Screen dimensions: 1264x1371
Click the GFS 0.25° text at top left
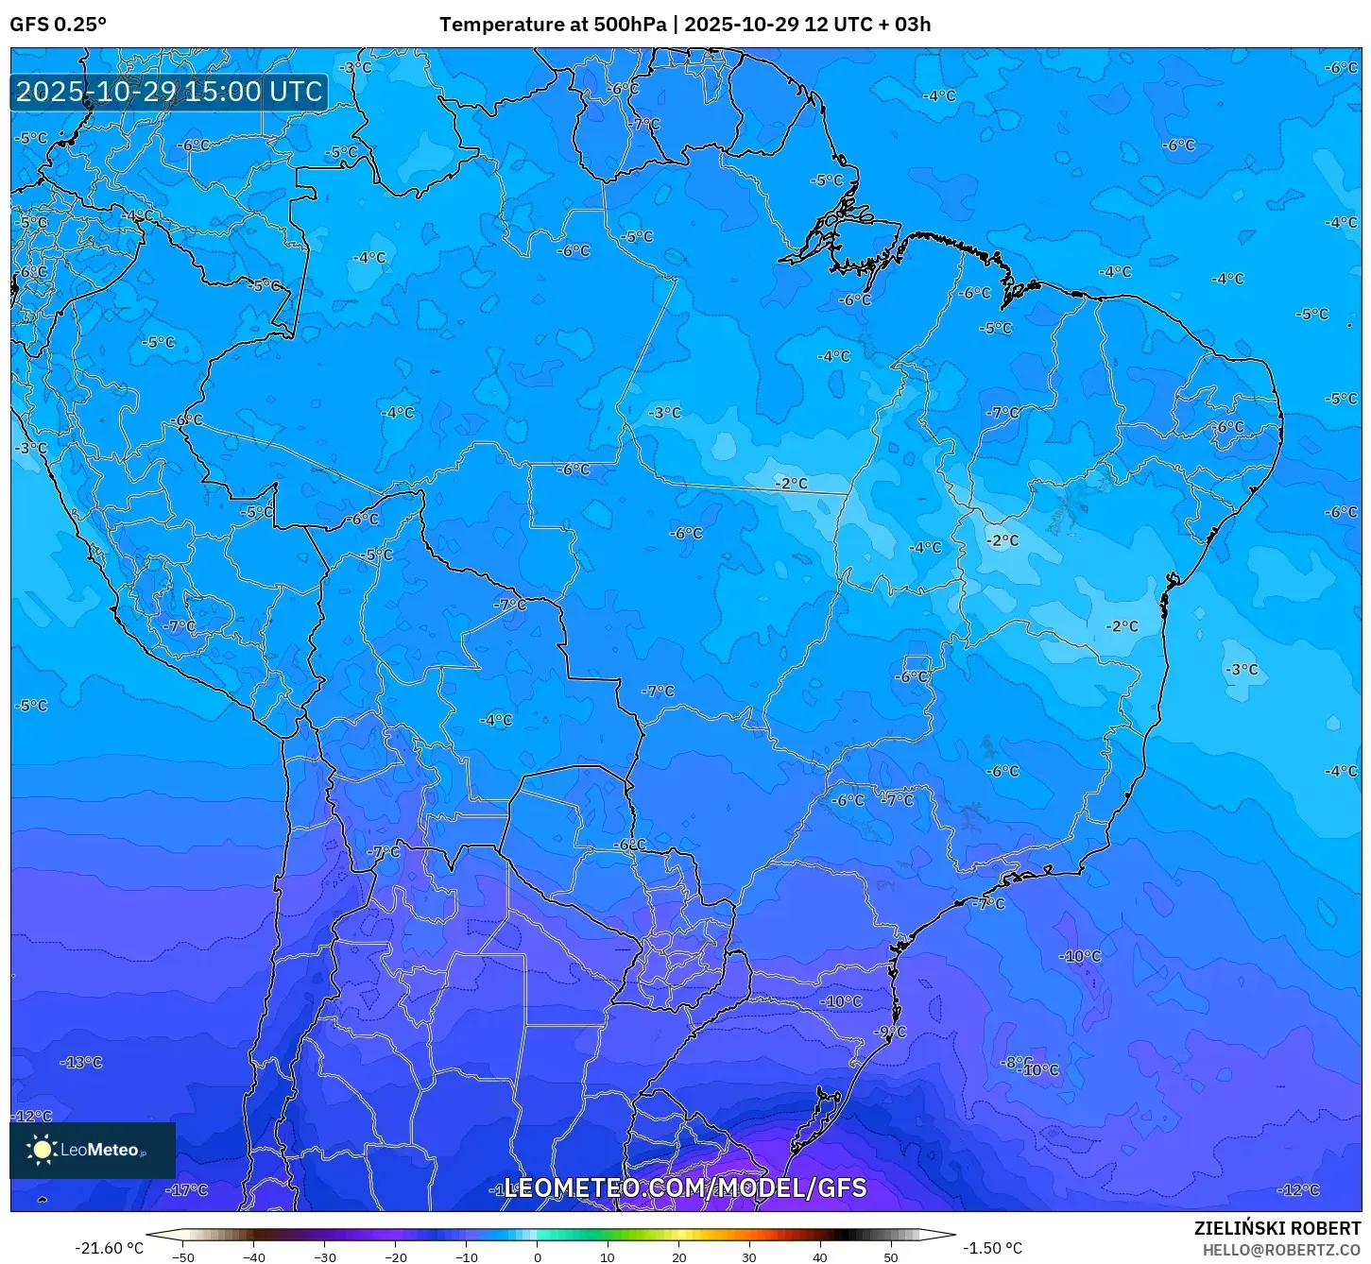click(59, 25)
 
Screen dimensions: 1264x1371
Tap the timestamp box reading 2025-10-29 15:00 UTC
click(169, 92)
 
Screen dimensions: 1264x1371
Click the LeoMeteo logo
click(92, 1150)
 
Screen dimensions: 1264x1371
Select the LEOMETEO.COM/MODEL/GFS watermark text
click(685, 1187)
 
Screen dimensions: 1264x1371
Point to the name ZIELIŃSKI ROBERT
click(1277, 1228)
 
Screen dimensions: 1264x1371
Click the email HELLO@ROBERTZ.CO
click(1281, 1249)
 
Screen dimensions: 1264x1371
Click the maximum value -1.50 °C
click(992, 1248)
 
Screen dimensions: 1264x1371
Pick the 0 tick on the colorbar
click(538, 1256)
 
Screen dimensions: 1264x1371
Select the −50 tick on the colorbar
click(183, 1256)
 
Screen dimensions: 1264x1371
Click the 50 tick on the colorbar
click(891, 1256)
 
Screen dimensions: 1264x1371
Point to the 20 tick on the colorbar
click(679, 1256)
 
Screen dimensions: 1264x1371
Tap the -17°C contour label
click(187, 1189)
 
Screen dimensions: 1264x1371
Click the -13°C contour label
click(81, 1062)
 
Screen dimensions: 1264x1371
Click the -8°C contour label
click(1014, 1062)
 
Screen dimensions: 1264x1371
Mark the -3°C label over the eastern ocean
click(1242, 669)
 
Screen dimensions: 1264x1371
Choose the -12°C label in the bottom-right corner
click(1298, 1189)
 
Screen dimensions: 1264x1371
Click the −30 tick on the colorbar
click(325, 1256)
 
